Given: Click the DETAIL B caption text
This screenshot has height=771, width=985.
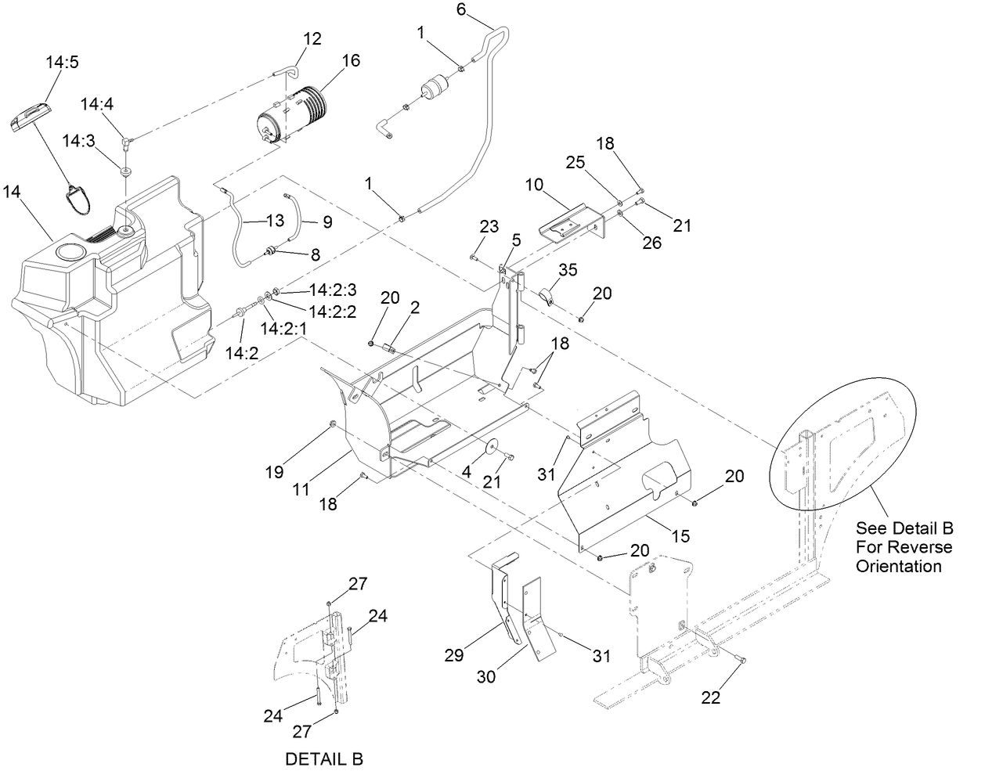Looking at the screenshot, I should tap(323, 758).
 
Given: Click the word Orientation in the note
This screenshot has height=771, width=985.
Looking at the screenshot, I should tap(899, 565).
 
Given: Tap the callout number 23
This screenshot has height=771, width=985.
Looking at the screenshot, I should tap(489, 226).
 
